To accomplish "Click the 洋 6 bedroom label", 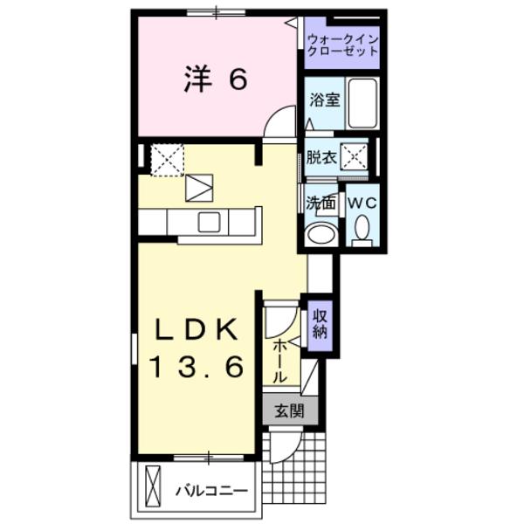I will (216, 79).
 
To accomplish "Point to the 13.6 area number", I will (196, 368).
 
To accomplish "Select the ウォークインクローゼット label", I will (343, 45).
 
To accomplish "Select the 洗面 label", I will (321, 203).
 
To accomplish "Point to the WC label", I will (362, 203).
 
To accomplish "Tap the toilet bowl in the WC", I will (362, 230).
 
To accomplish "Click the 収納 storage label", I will (321, 324).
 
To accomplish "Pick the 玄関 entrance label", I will (284, 410).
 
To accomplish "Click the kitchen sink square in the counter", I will (210, 222).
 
